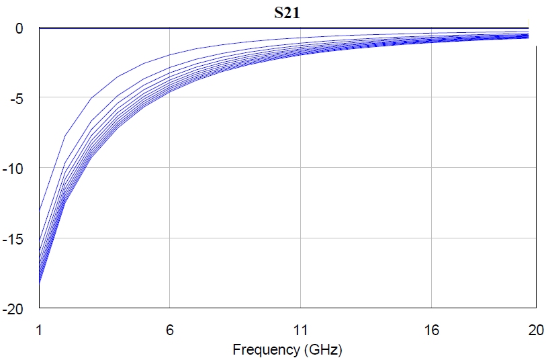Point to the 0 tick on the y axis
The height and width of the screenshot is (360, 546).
20,28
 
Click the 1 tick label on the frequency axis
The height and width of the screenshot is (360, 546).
39,330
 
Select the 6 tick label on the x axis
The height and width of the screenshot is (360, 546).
170,330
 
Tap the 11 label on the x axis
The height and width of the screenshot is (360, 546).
301,330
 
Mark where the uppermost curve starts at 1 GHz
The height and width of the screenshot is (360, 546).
39,210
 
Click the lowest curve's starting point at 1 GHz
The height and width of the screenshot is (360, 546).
39,285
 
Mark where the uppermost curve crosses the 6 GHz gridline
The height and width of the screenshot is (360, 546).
170,54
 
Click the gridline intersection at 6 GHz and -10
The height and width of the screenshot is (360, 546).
170,168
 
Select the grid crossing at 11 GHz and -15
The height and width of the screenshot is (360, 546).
301,238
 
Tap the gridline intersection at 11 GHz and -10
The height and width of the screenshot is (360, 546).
301,168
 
